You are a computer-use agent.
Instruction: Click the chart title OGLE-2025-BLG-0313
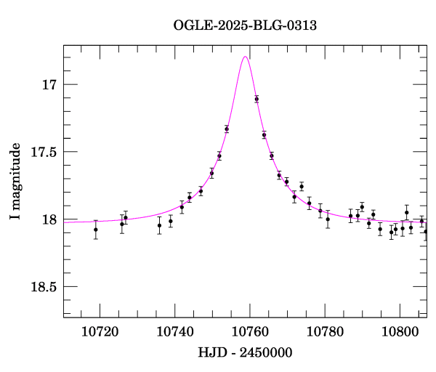[245, 26]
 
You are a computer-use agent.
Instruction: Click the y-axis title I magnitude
[15, 181]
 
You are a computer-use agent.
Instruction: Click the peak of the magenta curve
[246, 57]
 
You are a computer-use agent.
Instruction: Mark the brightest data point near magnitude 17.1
[257, 99]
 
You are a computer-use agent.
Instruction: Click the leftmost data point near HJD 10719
[96, 230]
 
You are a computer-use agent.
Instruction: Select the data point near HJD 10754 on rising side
[227, 129]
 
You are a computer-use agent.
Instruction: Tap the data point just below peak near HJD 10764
[264, 135]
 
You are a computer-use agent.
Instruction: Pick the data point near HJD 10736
[159, 225]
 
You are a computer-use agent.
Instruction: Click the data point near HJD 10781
[328, 219]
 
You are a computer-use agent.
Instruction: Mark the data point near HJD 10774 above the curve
[302, 187]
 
